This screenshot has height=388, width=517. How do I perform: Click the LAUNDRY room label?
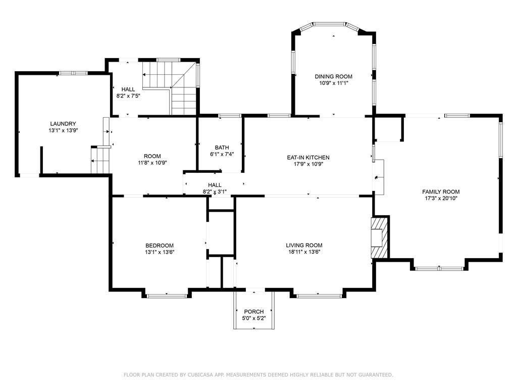[x=63, y=124]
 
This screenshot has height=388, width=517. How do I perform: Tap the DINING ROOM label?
[x=333, y=77]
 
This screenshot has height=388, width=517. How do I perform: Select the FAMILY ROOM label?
[x=441, y=191]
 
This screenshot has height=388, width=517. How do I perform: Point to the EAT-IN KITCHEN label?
[x=308, y=158]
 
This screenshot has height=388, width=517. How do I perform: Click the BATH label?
[x=222, y=148]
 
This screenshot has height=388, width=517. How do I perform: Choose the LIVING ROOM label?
[x=304, y=245]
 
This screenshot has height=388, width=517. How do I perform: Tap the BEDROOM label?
[x=160, y=246]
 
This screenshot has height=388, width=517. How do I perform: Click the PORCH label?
[x=254, y=311]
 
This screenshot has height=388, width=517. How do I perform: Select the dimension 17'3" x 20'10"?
[x=441, y=198]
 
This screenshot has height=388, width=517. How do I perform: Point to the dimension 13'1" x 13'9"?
[x=63, y=130]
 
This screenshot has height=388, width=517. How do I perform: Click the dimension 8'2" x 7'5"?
[x=128, y=96]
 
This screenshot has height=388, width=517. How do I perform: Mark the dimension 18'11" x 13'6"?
[x=304, y=252]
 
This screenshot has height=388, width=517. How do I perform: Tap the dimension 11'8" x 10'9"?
[x=152, y=163]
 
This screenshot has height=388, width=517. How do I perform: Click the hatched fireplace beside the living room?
[x=380, y=237]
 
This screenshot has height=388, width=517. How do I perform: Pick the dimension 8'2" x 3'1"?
[x=215, y=191]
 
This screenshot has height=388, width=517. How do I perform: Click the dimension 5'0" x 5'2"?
[x=254, y=318]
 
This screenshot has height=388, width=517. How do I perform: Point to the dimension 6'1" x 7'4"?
[x=222, y=154]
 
